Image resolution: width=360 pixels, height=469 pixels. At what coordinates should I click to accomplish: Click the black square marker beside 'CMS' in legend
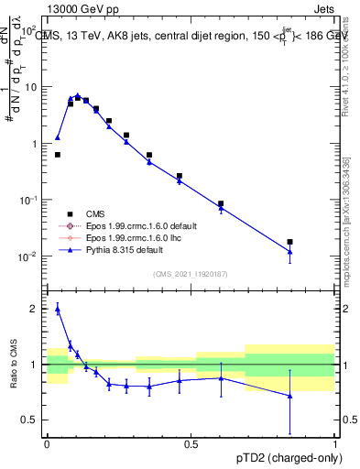[x=70, y=213]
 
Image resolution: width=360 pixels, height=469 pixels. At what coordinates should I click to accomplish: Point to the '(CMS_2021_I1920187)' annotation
[x=191, y=272]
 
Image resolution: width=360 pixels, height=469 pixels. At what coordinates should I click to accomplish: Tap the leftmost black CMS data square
[x=58, y=155]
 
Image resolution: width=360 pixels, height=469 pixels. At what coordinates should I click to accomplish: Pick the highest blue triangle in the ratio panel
[x=58, y=310]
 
